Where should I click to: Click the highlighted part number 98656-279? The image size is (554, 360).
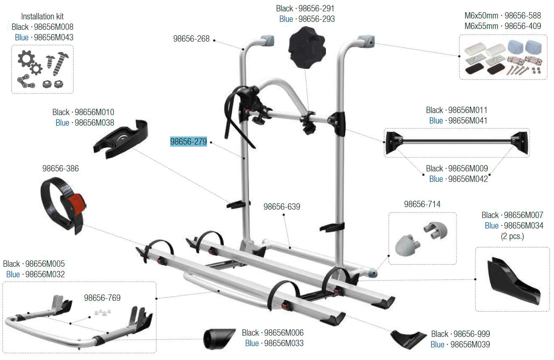(189, 142)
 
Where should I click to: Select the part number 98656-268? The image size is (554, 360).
(191, 39)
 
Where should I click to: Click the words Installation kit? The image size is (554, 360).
(42, 17)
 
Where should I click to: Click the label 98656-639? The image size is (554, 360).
(282, 207)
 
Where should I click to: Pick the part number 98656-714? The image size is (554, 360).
(422, 204)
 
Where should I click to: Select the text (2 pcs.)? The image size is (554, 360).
(512, 236)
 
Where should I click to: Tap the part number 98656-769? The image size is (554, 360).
(102, 298)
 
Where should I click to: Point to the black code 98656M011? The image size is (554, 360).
(467, 110)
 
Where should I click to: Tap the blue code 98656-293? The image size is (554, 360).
(315, 19)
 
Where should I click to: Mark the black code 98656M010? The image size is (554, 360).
(94, 112)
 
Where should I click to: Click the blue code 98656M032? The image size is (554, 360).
(45, 274)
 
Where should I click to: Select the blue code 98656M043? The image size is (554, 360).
(53, 37)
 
